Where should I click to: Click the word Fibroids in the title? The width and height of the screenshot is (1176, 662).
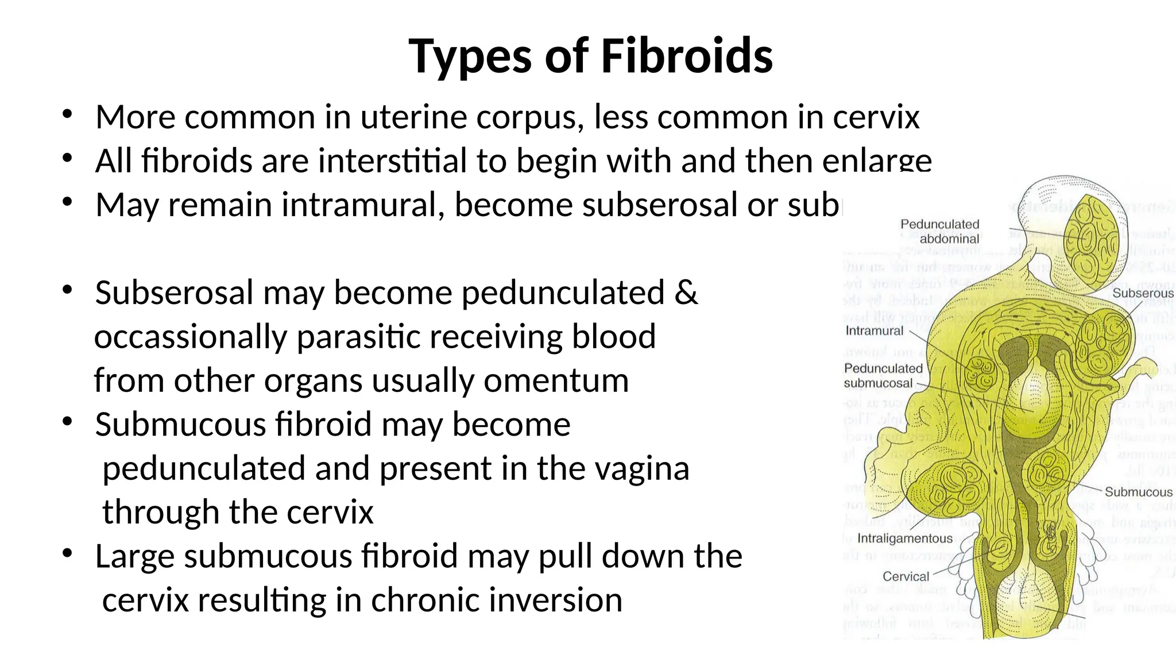coord(687,56)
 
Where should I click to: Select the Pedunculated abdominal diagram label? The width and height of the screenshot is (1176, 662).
coord(939,232)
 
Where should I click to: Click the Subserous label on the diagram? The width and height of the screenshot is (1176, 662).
coord(1143,293)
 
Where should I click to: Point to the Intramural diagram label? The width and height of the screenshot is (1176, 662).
coord(874,331)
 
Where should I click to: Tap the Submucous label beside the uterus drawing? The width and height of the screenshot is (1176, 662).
coord(1138,492)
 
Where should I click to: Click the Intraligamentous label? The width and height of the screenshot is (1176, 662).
coord(904,538)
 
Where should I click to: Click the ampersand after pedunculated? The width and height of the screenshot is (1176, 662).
coord(686,292)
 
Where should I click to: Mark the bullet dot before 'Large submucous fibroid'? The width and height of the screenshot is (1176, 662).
coord(67,553)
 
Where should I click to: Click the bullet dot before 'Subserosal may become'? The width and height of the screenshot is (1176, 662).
coord(67,290)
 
